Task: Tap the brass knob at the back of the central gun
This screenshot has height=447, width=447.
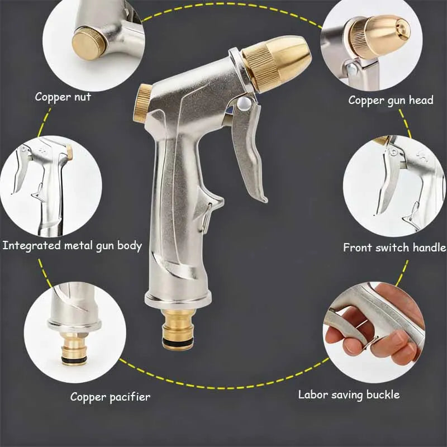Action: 142,103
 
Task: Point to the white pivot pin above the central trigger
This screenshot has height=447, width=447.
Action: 243,103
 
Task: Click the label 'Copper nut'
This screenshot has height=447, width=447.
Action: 63,97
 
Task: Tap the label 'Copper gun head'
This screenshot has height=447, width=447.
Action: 391,100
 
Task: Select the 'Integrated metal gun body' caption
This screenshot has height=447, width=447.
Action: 72,245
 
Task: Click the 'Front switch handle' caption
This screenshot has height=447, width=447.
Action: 394,247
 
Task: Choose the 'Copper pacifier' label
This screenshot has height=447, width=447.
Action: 110,397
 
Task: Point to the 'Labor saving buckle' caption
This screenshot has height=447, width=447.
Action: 349,394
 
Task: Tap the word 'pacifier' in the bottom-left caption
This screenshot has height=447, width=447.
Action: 129,397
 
